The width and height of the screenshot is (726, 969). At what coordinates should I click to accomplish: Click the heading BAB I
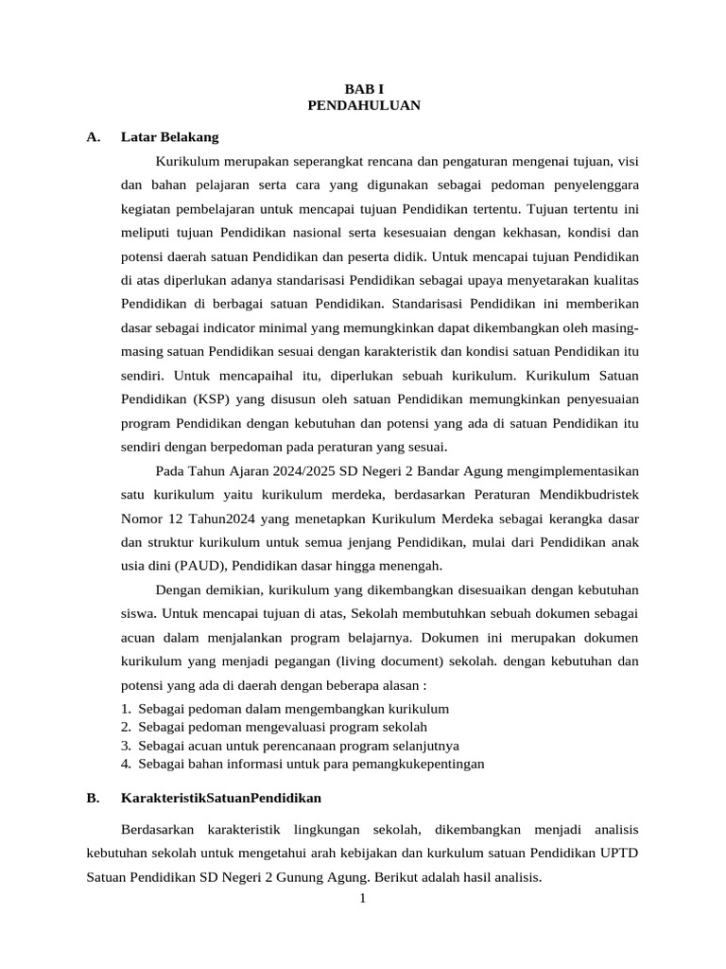coord(364,88)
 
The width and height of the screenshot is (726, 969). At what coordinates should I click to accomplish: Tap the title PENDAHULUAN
coord(364,105)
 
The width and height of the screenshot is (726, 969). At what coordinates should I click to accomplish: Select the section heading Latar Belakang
coord(169,137)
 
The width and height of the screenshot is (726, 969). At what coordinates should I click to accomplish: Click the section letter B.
coord(93,798)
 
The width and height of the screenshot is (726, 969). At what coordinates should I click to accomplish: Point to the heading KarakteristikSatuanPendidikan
coord(221,798)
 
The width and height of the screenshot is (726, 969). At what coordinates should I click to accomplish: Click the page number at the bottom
coord(362,898)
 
